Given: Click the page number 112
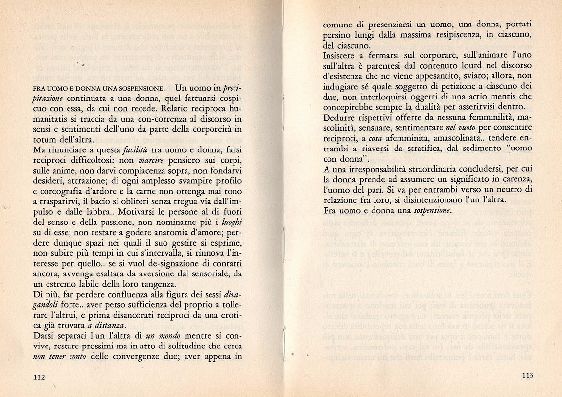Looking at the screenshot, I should [40, 377].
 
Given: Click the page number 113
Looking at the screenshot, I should [527, 376].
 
